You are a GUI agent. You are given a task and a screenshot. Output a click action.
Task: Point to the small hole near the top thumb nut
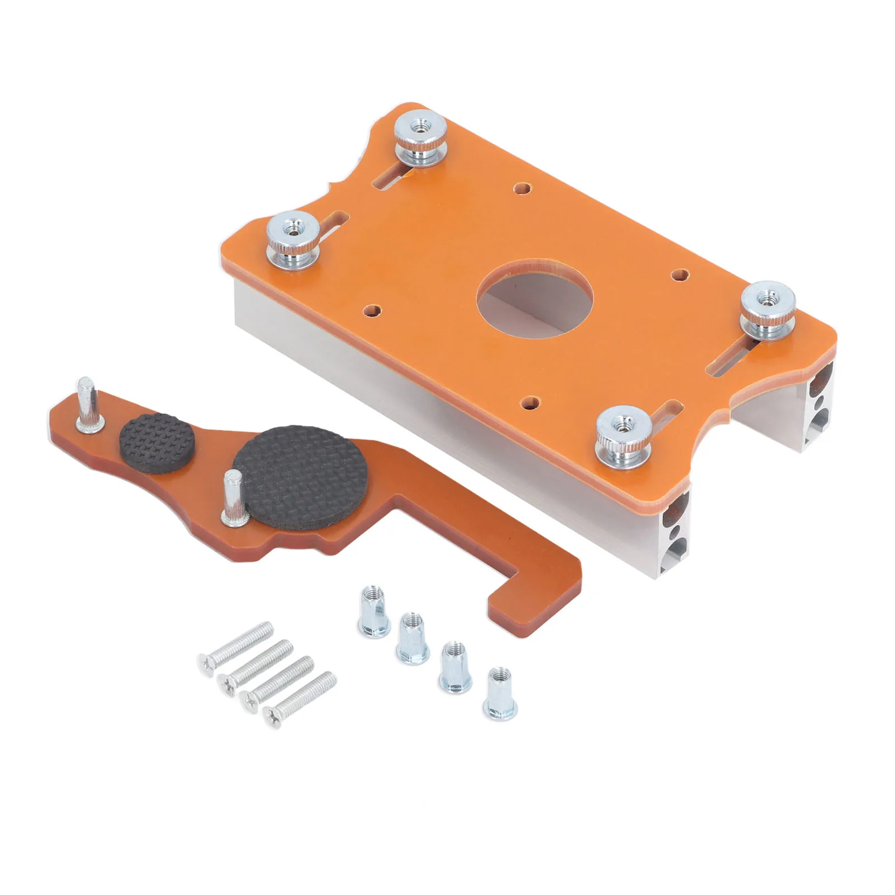click(522, 188)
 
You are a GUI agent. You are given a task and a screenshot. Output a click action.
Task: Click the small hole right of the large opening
click(680, 274)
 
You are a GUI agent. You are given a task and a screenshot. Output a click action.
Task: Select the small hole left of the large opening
click(371, 310)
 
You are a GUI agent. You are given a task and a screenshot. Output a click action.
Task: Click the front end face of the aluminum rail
click(675, 536)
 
